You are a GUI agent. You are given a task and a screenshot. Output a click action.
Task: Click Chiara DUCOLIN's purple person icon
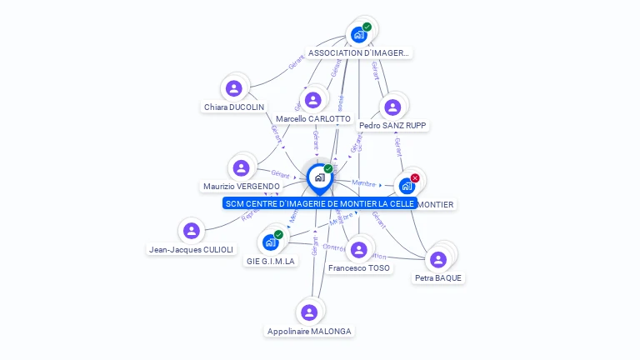tap(234, 88)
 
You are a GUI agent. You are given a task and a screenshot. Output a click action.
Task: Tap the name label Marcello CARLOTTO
tap(312, 119)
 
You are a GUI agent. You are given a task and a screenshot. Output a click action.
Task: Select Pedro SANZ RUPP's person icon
tap(392, 107)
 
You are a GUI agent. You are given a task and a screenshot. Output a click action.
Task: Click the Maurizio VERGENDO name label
tap(242, 187)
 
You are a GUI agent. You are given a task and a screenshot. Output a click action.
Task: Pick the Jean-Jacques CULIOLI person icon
tap(192, 231)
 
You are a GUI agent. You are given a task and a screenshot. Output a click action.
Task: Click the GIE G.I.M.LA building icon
tap(270, 242)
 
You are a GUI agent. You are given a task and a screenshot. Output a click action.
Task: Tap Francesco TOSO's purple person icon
tap(359, 249)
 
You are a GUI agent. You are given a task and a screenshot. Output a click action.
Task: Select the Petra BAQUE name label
tap(438, 278)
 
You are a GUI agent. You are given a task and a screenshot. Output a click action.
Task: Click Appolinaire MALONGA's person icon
tap(309, 312)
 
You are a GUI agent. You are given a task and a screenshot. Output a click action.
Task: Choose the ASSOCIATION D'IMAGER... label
tap(359, 53)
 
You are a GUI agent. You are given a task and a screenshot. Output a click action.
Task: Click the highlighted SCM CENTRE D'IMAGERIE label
tap(320, 204)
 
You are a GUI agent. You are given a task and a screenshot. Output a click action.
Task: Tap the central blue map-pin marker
tap(319, 178)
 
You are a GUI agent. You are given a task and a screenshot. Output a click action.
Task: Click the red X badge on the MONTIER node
tap(415, 177)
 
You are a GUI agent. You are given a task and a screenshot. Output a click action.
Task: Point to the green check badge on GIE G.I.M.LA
tap(278, 234)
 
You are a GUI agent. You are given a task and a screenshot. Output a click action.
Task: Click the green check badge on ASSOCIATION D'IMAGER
tap(367, 27)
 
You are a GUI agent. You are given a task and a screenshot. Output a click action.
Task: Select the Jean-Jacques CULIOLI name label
tap(192, 249)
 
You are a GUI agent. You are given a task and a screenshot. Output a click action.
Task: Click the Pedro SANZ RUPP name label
tap(392, 126)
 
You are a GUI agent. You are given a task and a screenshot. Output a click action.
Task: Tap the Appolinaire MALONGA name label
tap(309, 332)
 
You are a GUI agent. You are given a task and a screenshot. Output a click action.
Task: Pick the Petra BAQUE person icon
tap(438, 259)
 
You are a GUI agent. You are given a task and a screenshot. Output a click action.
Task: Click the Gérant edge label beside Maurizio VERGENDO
tap(280, 175)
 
